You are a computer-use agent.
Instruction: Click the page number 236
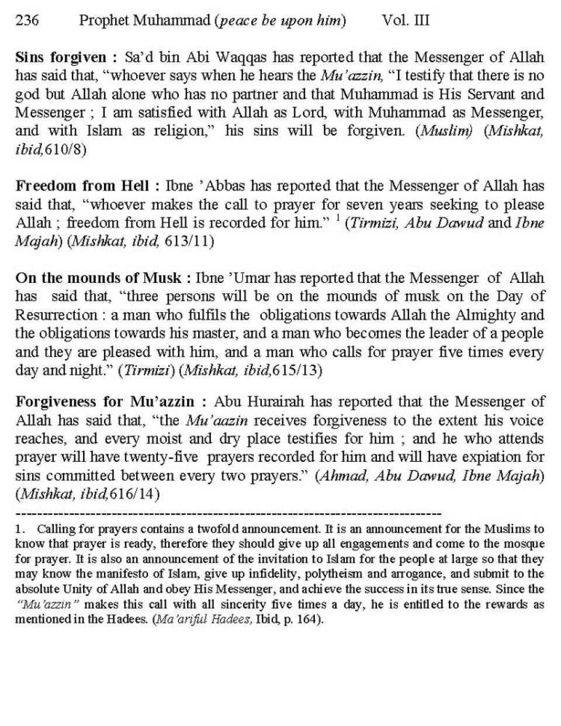pyautogui.click(x=27, y=21)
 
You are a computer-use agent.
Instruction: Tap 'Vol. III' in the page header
pyautogui.click(x=406, y=21)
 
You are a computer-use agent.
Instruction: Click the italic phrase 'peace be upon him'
pyautogui.click(x=280, y=22)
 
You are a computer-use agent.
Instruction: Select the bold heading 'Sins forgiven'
pyautogui.click(x=61, y=57)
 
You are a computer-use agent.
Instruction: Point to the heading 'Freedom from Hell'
pyautogui.click(x=84, y=186)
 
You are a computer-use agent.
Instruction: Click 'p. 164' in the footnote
pyautogui.click(x=297, y=618)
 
